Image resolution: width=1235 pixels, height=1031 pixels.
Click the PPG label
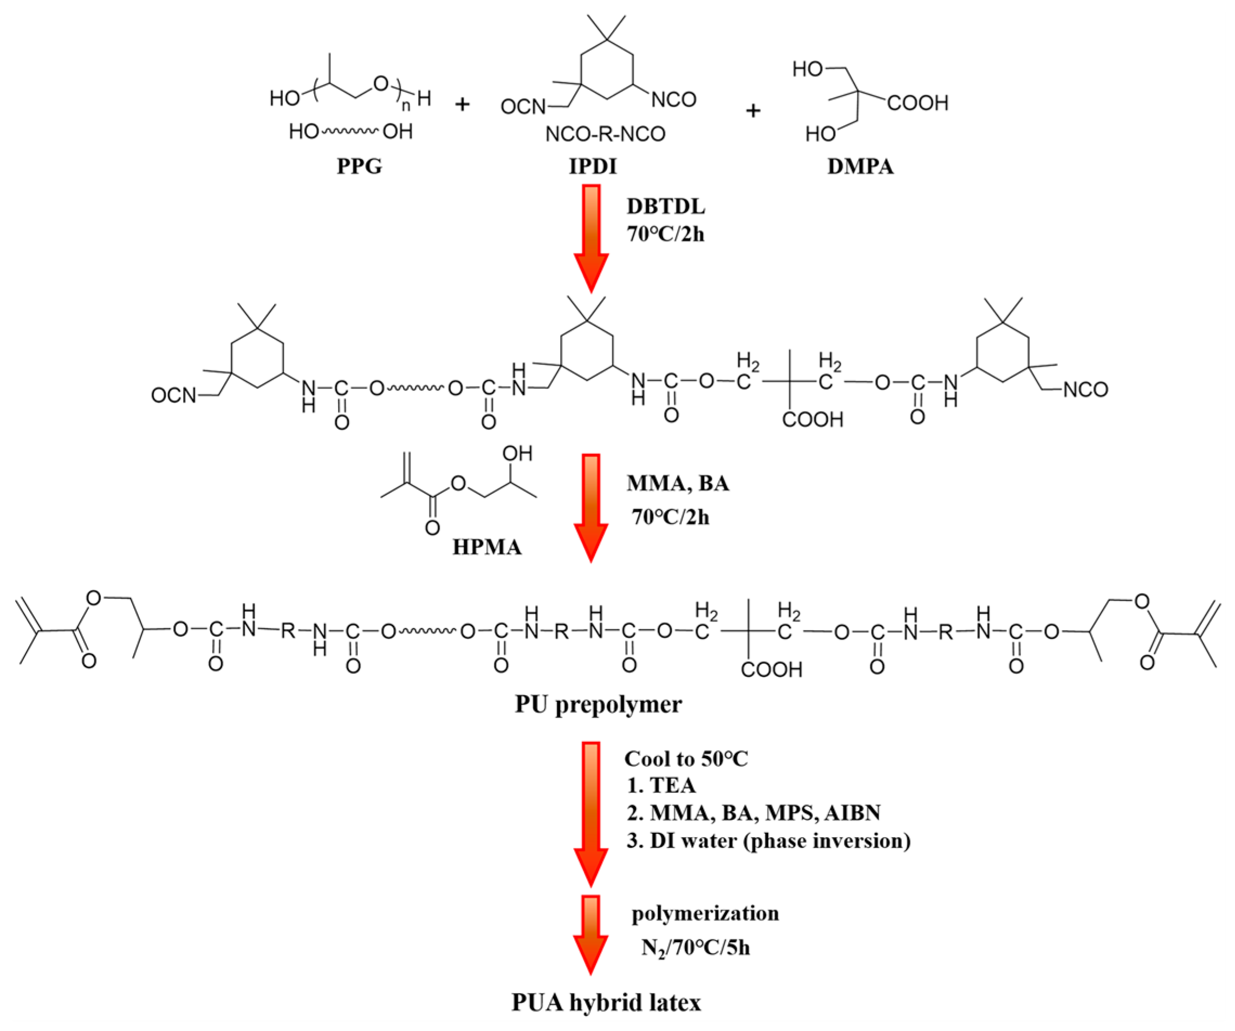tap(359, 166)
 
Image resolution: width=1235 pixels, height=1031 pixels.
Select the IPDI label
tap(593, 166)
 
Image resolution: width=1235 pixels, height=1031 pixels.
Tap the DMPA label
tap(860, 166)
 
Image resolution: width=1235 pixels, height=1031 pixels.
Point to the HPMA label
tap(487, 547)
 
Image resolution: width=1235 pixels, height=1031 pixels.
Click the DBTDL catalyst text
tap(666, 206)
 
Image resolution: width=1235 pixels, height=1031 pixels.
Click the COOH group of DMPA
tap(918, 103)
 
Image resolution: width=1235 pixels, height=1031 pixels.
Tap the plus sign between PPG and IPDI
tap(463, 105)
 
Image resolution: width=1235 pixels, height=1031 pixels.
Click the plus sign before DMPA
tap(753, 110)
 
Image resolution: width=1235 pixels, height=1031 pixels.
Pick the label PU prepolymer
tap(598, 704)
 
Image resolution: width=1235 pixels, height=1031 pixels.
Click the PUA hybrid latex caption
tap(606, 1002)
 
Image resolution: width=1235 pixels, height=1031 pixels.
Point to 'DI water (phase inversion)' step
tap(780, 840)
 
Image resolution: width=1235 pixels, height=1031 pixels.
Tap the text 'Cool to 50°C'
tap(686, 759)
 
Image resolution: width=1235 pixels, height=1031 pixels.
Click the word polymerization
tap(705, 913)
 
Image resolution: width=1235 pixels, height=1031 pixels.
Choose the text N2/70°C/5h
tap(695, 948)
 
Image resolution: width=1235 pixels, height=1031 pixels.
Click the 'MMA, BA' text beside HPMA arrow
tap(678, 483)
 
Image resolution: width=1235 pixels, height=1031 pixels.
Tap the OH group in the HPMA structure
tap(517, 453)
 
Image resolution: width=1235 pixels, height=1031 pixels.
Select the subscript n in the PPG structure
tap(405, 106)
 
